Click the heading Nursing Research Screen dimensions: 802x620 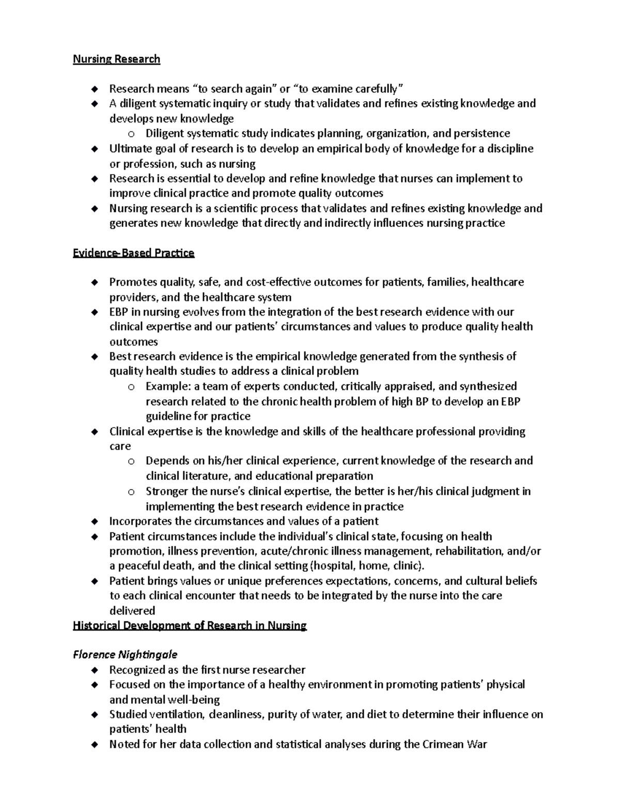click(x=116, y=59)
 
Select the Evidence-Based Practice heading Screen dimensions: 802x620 click(x=133, y=253)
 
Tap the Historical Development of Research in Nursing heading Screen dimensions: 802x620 click(x=190, y=626)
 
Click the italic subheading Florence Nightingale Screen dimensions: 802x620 click(x=125, y=655)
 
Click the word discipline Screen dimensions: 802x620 click(x=510, y=149)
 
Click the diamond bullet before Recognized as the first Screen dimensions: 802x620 click(x=94, y=670)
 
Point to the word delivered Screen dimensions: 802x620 click(x=132, y=610)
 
